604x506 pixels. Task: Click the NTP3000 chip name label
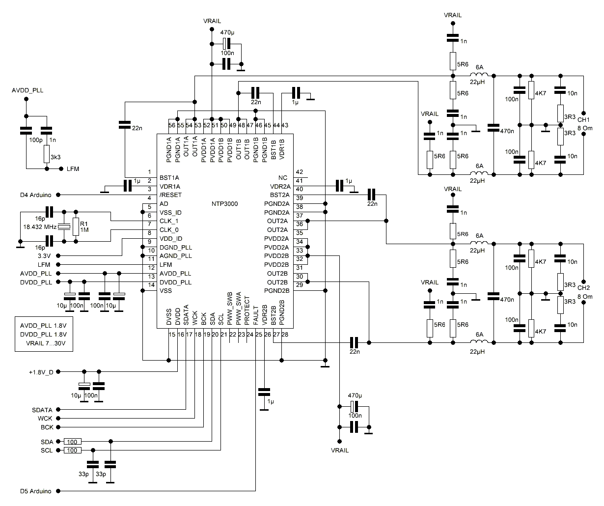(225, 204)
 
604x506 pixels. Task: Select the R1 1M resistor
(76, 226)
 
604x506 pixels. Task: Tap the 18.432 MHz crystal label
(40, 227)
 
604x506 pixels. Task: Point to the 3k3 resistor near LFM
(46, 154)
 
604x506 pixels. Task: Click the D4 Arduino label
(35, 195)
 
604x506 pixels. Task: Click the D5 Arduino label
(35, 491)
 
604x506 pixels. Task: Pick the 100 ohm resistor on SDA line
(73, 442)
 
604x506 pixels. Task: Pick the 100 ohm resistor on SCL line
(73, 450)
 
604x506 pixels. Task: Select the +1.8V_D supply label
(41, 372)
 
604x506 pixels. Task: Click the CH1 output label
(583, 120)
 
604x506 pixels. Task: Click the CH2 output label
(583, 288)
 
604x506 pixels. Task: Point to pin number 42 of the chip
(299, 172)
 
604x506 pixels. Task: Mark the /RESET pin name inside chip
(170, 195)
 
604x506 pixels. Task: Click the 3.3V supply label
(43, 256)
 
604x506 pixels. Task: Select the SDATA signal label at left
(42, 410)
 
